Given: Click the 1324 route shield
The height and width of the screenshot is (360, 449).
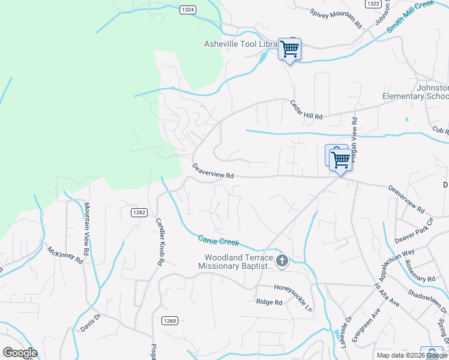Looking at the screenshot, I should (x=188, y=10).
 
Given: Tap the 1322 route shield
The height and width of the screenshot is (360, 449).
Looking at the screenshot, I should (x=373, y=4).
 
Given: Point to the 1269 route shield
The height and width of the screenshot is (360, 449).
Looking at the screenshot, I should (x=169, y=321).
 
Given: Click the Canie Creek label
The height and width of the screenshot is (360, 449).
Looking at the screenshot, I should (x=218, y=240).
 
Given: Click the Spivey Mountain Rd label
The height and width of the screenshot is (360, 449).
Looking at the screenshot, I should (x=336, y=19).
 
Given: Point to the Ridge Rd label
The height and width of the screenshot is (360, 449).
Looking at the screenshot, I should (x=269, y=302).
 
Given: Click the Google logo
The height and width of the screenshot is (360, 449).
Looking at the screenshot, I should (x=20, y=353).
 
